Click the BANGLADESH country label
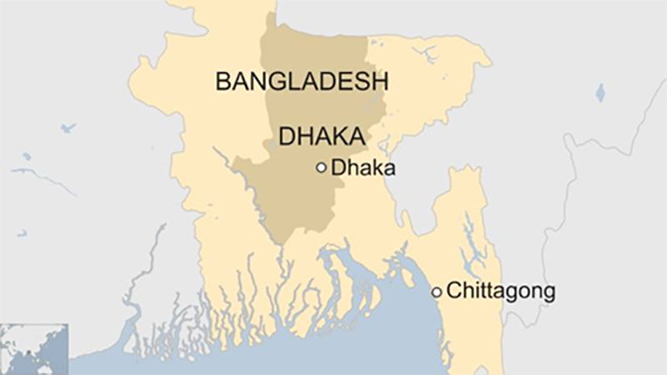(303, 82)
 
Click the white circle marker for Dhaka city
(321, 167)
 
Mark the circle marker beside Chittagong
(436, 292)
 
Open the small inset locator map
(33, 349)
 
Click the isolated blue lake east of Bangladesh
(599, 92)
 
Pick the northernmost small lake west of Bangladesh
(66, 128)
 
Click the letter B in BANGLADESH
(223, 82)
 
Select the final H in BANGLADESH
(381, 82)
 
